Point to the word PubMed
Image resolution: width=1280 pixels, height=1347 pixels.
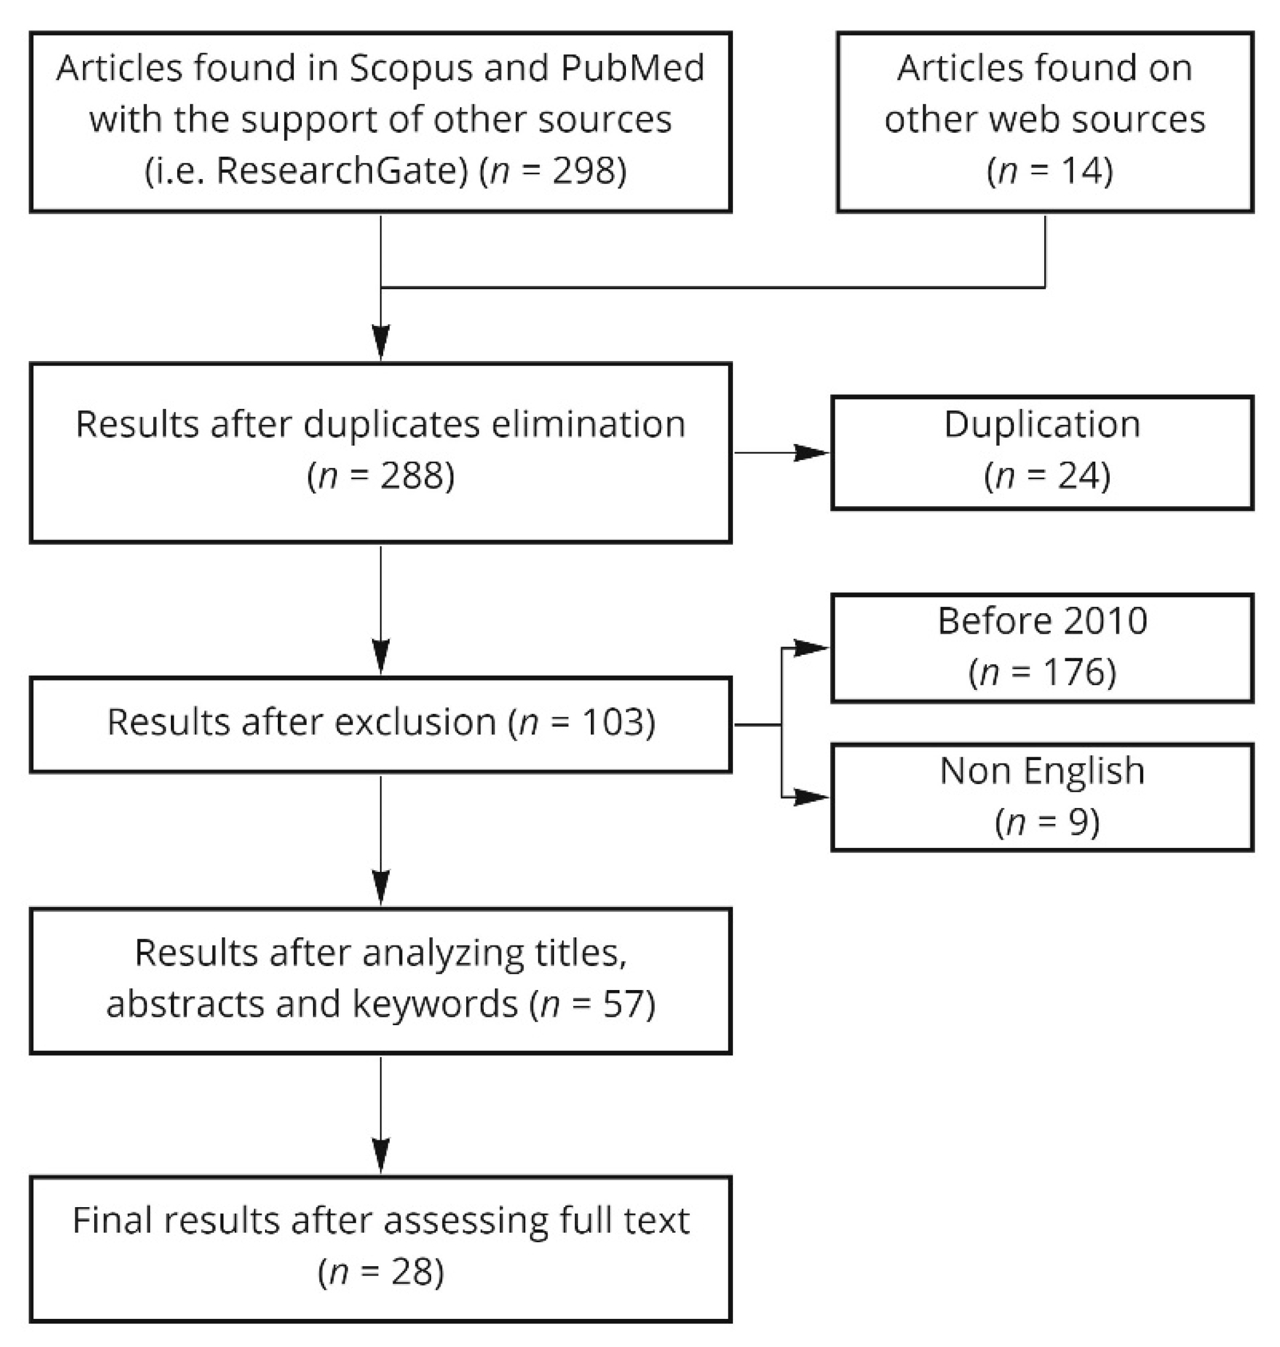632,68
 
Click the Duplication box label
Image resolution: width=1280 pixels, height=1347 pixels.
1042,424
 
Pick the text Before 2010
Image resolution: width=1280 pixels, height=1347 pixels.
1042,621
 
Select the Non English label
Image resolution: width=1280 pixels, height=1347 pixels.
1042,771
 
